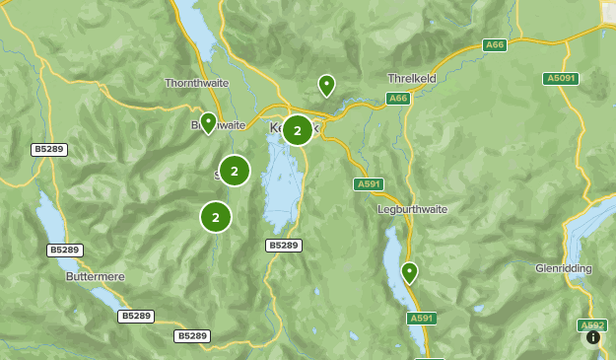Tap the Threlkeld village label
tap(413, 78)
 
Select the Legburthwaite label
tap(411, 209)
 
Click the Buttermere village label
tap(95, 277)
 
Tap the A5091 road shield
tap(561, 79)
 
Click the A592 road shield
tap(591, 324)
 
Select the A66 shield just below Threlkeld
tap(398, 99)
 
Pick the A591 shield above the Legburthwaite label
tap(368, 184)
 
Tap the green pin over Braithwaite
tap(208, 121)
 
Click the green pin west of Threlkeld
tap(326, 85)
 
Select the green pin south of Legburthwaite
tap(409, 271)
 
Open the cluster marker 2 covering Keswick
tap(297, 130)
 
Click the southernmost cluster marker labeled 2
tap(216, 217)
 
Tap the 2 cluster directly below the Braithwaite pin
tap(234, 171)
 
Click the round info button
tap(592, 337)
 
